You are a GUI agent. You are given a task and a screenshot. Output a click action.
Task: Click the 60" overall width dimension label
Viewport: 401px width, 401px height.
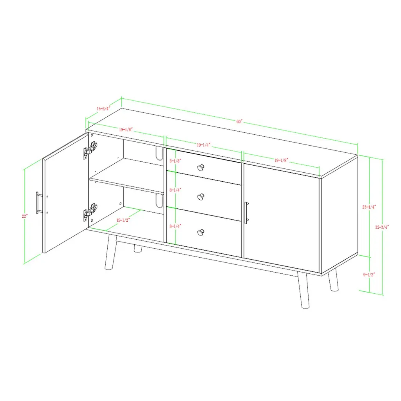click(239, 121)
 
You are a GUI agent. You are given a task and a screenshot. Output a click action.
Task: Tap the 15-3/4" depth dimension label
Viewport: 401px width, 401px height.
click(103, 108)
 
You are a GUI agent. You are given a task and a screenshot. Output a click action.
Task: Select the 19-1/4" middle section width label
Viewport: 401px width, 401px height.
click(204, 145)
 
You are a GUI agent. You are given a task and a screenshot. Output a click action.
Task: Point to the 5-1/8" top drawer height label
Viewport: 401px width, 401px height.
click(175, 161)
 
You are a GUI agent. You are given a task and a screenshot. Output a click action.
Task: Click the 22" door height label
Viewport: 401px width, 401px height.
click(25, 216)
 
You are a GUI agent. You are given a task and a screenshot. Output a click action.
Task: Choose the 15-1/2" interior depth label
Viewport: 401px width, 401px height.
click(123, 220)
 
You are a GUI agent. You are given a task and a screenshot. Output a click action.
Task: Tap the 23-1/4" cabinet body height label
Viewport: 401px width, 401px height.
click(369, 207)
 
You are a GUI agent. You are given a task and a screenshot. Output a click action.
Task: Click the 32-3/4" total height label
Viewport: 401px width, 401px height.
click(382, 227)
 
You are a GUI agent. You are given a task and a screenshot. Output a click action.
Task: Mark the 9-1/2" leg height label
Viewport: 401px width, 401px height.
click(369, 275)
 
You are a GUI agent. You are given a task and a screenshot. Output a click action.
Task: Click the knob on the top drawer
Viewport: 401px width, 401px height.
click(201, 168)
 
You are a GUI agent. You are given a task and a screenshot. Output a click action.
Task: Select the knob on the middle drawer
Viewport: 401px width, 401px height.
click(201, 197)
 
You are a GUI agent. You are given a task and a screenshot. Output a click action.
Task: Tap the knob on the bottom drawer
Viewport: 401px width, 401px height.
click(201, 233)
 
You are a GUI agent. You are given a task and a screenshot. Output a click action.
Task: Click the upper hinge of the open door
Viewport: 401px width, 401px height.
click(90, 150)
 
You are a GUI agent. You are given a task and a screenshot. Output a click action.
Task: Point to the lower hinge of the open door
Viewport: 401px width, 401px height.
click(90, 211)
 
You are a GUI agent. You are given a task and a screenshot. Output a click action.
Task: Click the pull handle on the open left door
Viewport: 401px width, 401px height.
click(38, 202)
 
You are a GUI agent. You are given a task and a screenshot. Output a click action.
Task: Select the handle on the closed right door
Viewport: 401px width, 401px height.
click(246, 213)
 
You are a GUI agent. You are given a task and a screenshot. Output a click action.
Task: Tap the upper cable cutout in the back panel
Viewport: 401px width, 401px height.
click(159, 153)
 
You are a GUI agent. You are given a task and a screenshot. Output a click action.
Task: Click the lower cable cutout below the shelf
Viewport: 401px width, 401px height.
click(159, 201)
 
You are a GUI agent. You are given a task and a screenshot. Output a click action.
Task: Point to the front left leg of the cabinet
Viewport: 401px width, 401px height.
click(111, 252)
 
